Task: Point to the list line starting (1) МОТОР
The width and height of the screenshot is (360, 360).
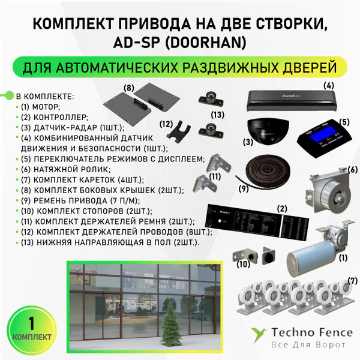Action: coord(45,106)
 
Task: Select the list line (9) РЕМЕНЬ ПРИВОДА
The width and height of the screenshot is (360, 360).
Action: coord(78,200)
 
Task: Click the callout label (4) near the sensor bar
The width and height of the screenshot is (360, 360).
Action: coord(328,85)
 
